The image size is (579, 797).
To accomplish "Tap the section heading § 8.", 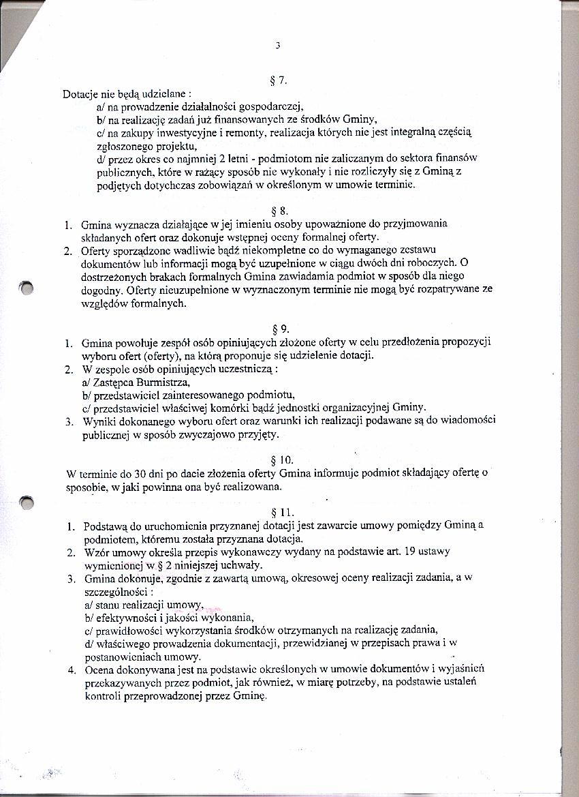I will pos(278,211).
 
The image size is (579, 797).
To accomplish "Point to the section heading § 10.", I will pos(279,460).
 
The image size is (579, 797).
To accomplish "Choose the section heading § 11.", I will pos(279,512).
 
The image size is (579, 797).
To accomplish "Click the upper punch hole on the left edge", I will pos(26,287).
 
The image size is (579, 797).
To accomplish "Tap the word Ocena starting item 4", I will pos(100,669).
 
